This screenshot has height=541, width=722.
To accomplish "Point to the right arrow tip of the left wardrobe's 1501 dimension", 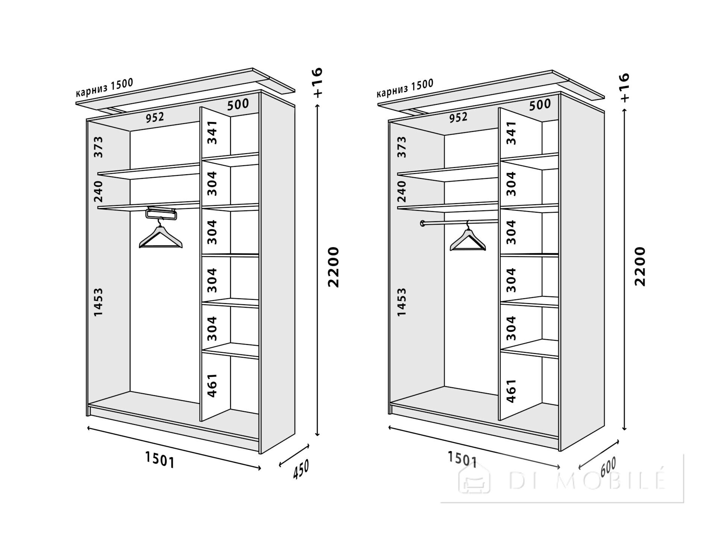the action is (x=261, y=468).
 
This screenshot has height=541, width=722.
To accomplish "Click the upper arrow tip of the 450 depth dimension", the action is (x=309, y=445).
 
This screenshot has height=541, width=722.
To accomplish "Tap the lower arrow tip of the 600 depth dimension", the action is (x=579, y=469).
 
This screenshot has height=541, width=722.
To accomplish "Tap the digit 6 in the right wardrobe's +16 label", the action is (x=625, y=78).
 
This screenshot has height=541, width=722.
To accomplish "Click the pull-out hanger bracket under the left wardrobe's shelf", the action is (x=161, y=213).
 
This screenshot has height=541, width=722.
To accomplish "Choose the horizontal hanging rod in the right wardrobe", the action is (x=460, y=223).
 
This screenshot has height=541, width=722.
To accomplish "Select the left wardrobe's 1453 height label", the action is (x=98, y=302).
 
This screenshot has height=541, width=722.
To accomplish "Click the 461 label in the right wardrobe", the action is (x=512, y=391).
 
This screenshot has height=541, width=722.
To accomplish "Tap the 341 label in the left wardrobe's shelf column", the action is (x=212, y=132).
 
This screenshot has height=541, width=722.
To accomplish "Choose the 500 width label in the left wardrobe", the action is (x=238, y=104).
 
